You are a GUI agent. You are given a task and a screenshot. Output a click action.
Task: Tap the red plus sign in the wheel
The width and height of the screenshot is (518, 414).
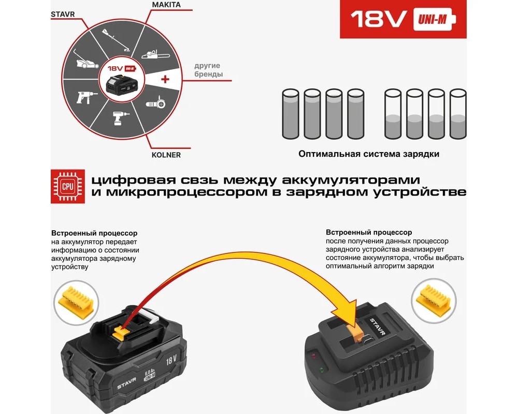click(165, 79)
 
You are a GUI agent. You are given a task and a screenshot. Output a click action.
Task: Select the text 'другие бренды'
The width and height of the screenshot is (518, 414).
click(208, 70)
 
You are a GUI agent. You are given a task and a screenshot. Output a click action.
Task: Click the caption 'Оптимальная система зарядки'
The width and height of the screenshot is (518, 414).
click(369, 154)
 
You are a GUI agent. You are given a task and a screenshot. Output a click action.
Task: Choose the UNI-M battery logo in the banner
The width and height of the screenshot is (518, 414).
click(434, 20)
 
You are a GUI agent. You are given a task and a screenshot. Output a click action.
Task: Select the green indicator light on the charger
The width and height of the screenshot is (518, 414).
click(322, 369)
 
